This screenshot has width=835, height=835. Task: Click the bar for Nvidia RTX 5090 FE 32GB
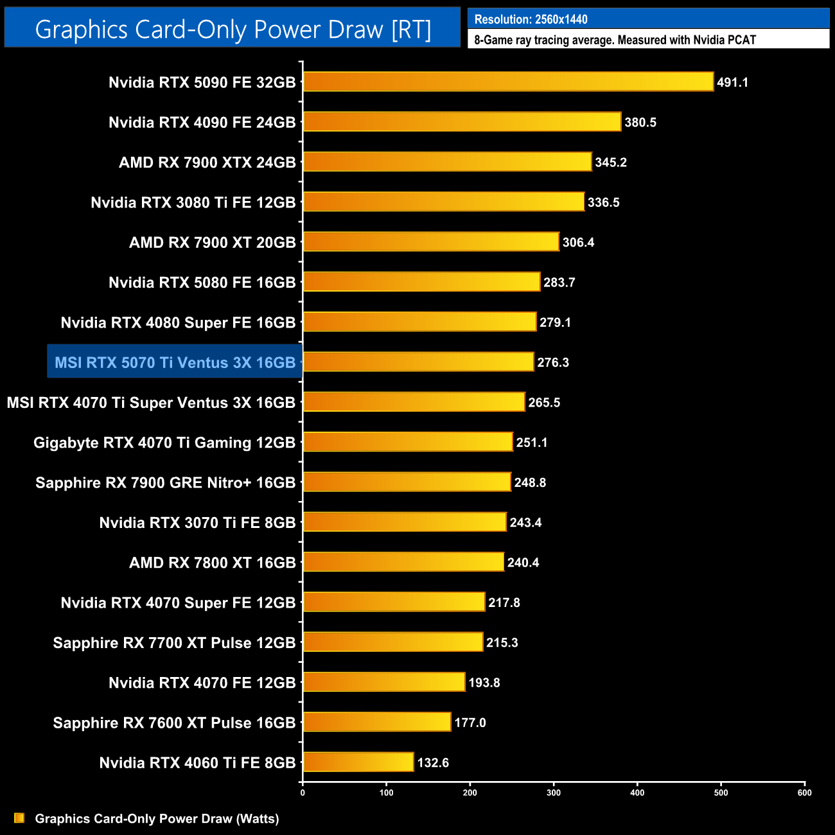[508, 82]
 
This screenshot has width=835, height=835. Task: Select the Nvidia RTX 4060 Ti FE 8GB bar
[358, 762]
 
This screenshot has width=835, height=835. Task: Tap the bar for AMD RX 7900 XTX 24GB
[447, 162]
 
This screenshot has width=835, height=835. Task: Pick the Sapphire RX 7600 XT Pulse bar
[377, 722]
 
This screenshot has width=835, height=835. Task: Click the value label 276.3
[553, 362]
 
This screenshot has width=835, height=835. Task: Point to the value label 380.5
[640, 122]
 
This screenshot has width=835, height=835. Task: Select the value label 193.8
[484, 682]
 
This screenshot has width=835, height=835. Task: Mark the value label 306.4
[578, 242]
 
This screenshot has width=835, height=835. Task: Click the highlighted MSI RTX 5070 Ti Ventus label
[175, 362]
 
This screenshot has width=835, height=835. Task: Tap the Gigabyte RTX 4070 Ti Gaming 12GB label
[164, 443]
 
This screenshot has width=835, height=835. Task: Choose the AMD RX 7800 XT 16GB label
[212, 563]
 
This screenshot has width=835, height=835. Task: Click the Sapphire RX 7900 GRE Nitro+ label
[165, 482]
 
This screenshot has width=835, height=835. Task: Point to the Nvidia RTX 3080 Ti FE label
[193, 202]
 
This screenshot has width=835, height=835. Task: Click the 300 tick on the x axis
[554, 793]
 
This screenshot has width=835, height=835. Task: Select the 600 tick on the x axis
[804, 793]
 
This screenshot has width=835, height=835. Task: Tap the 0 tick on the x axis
[303, 793]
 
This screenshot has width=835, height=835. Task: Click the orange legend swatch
[19, 818]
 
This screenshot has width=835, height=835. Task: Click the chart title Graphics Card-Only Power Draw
[233, 30]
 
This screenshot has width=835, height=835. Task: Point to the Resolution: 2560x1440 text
[531, 19]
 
